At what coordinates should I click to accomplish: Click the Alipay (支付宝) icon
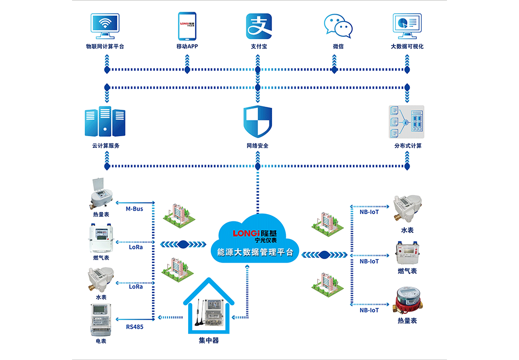point(258,26)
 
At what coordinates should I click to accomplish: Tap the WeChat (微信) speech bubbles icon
point(338,26)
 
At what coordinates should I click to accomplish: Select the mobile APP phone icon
point(187,26)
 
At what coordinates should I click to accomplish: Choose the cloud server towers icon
point(105,121)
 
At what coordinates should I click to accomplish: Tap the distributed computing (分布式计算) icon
point(406,121)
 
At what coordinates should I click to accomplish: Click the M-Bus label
point(134,209)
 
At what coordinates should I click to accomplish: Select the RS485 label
point(134,327)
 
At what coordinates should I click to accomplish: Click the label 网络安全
point(257,146)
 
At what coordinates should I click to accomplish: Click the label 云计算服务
point(105,146)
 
